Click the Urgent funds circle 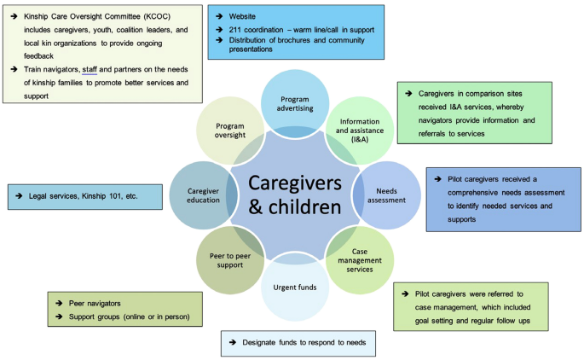pos(296,287)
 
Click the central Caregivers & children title pos(296,195)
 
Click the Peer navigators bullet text pos(95,304)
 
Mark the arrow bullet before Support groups pos(60,317)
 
